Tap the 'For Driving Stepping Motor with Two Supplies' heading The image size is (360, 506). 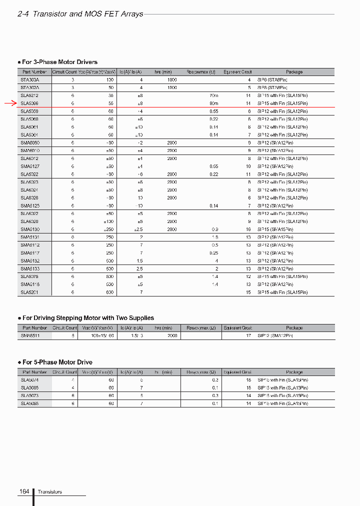coord(88,318)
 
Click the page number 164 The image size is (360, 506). coord(24,492)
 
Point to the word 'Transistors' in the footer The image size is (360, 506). coord(50,492)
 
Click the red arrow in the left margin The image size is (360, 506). coord(10,103)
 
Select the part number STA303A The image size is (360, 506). coord(29,79)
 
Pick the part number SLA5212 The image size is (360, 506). coord(29,95)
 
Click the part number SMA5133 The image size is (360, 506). coord(29,268)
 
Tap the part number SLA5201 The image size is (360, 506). coord(29,292)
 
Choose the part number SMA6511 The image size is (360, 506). coord(29,336)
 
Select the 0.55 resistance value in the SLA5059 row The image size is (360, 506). coord(213,111)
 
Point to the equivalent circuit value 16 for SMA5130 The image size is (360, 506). coord(248,229)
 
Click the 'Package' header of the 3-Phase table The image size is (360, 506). coord(294,72)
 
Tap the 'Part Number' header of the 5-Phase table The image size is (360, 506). coord(34,372)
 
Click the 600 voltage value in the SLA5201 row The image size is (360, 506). coord(110,292)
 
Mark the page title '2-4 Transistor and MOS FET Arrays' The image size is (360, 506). coord(80,14)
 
